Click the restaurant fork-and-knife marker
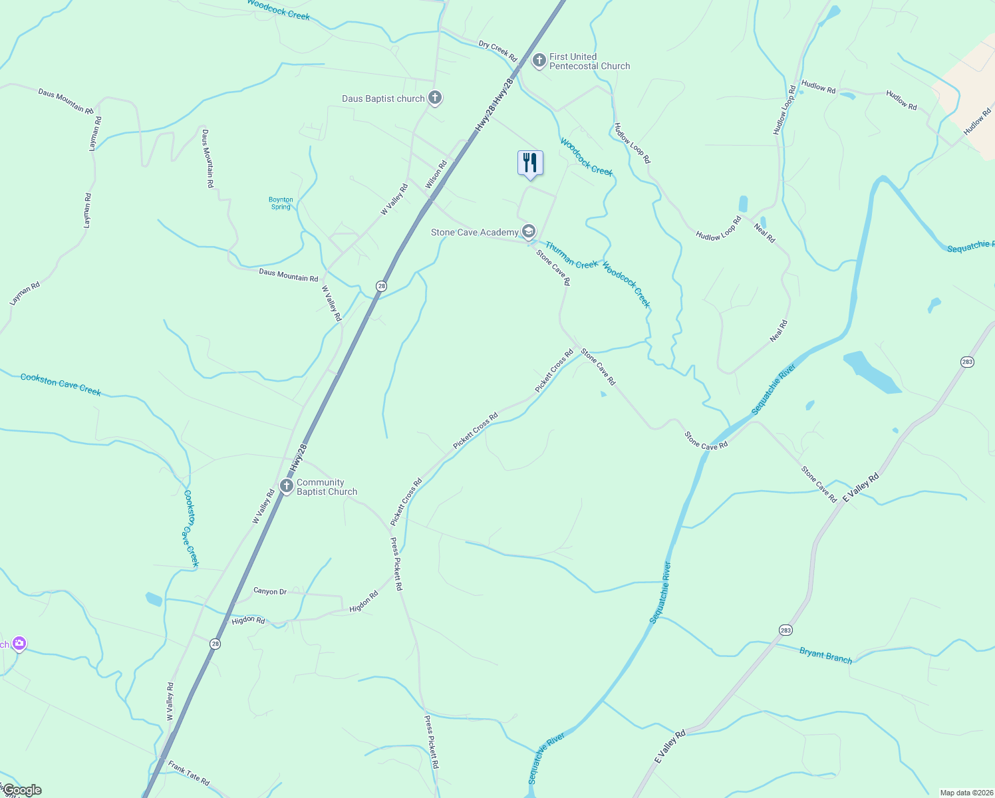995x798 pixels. tap(530, 163)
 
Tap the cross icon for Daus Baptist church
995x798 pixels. tap(435, 98)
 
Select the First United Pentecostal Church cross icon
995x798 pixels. tap(539, 61)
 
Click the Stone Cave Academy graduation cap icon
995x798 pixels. tap(529, 231)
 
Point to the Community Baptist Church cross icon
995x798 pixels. tap(287, 486)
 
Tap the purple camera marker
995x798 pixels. tap(19, 643)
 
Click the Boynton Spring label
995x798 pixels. tap(281, 203)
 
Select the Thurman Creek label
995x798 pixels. tap(571, 256)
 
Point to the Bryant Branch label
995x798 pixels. tap(825, 656)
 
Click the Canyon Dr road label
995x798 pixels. tap(270, 591)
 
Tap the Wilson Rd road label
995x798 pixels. tap(436, 174)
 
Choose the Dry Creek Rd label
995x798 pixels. tap(498, 51)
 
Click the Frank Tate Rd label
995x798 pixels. tap(189, 773)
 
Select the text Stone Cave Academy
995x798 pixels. tap(474, 232)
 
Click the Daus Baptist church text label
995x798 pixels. tap(383, 98)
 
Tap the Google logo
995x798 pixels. tap(22, 790)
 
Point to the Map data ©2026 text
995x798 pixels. tap(966, 793)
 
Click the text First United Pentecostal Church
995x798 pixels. tap(589, 61)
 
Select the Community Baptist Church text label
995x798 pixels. tap(327, 487)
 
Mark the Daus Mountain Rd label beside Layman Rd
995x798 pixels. tap(65, 101)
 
